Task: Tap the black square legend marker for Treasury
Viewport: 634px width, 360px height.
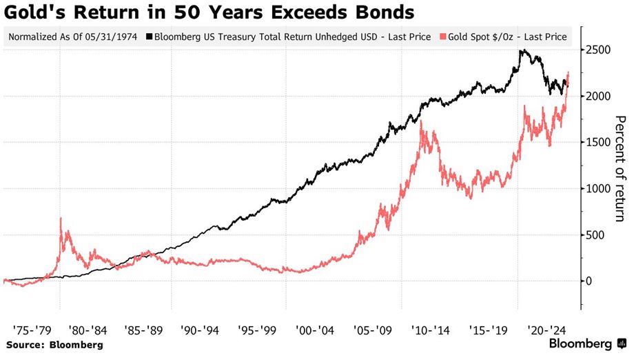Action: [150, 37]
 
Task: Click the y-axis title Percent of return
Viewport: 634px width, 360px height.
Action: [620, 169]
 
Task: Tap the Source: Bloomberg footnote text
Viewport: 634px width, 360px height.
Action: [54, 344]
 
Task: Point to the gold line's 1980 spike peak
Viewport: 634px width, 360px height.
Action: [61, 219]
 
